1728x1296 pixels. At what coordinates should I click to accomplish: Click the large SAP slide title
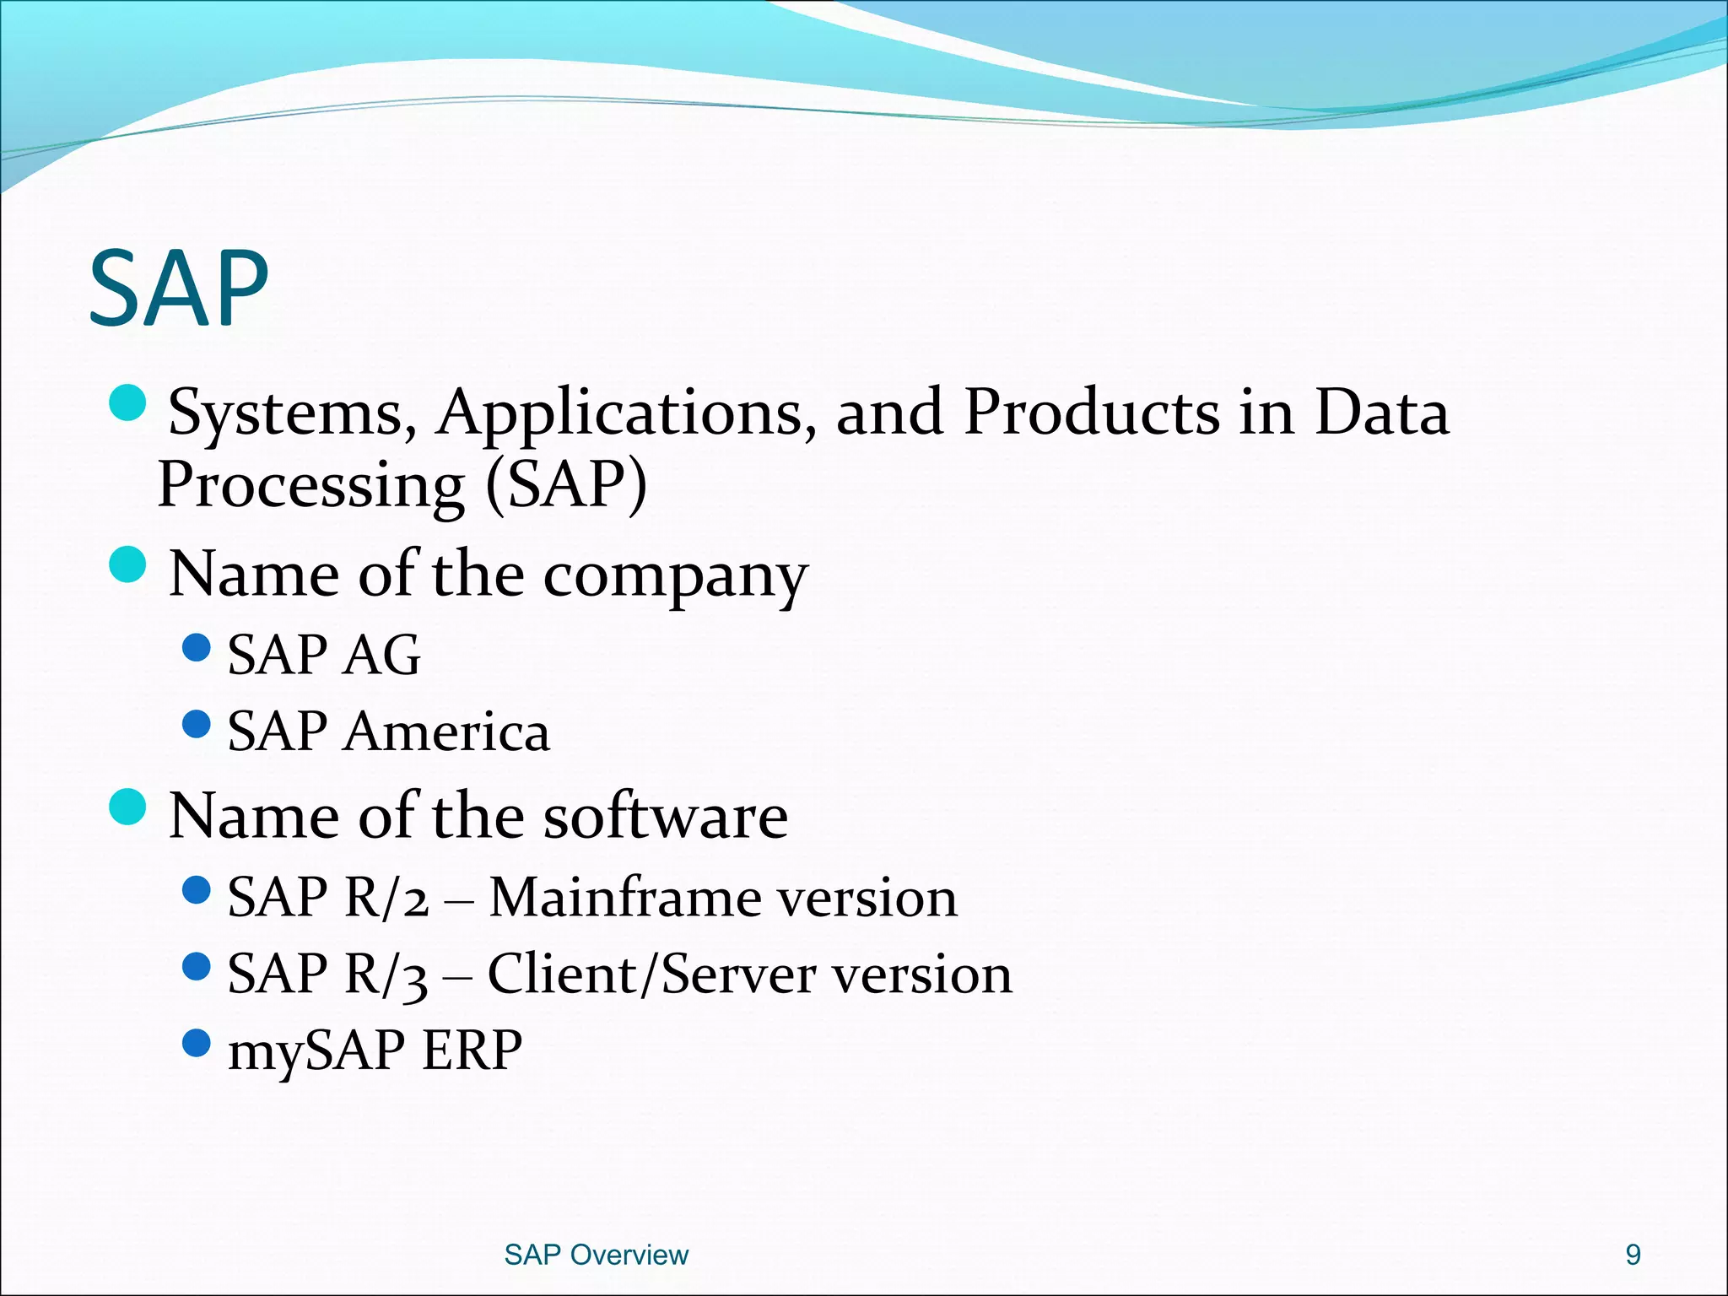(178, 289)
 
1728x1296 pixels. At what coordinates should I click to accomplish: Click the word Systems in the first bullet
(287, 413)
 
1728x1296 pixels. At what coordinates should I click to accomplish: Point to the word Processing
(310, 487)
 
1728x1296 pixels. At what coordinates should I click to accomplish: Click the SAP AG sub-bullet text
(323, 655)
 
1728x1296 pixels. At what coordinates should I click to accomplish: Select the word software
(666, 817)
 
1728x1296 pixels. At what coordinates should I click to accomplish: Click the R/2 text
(387, 897)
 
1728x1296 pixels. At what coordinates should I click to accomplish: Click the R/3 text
(387, 975)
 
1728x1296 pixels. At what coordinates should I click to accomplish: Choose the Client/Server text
(651, 975)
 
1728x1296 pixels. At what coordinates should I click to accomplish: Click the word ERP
(472, 1050)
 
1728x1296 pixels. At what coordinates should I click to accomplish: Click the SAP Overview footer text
(596, 1255)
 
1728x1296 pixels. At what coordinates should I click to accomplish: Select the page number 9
(1633, 1255)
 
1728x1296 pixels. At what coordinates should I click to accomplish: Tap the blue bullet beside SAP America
(196, 724)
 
